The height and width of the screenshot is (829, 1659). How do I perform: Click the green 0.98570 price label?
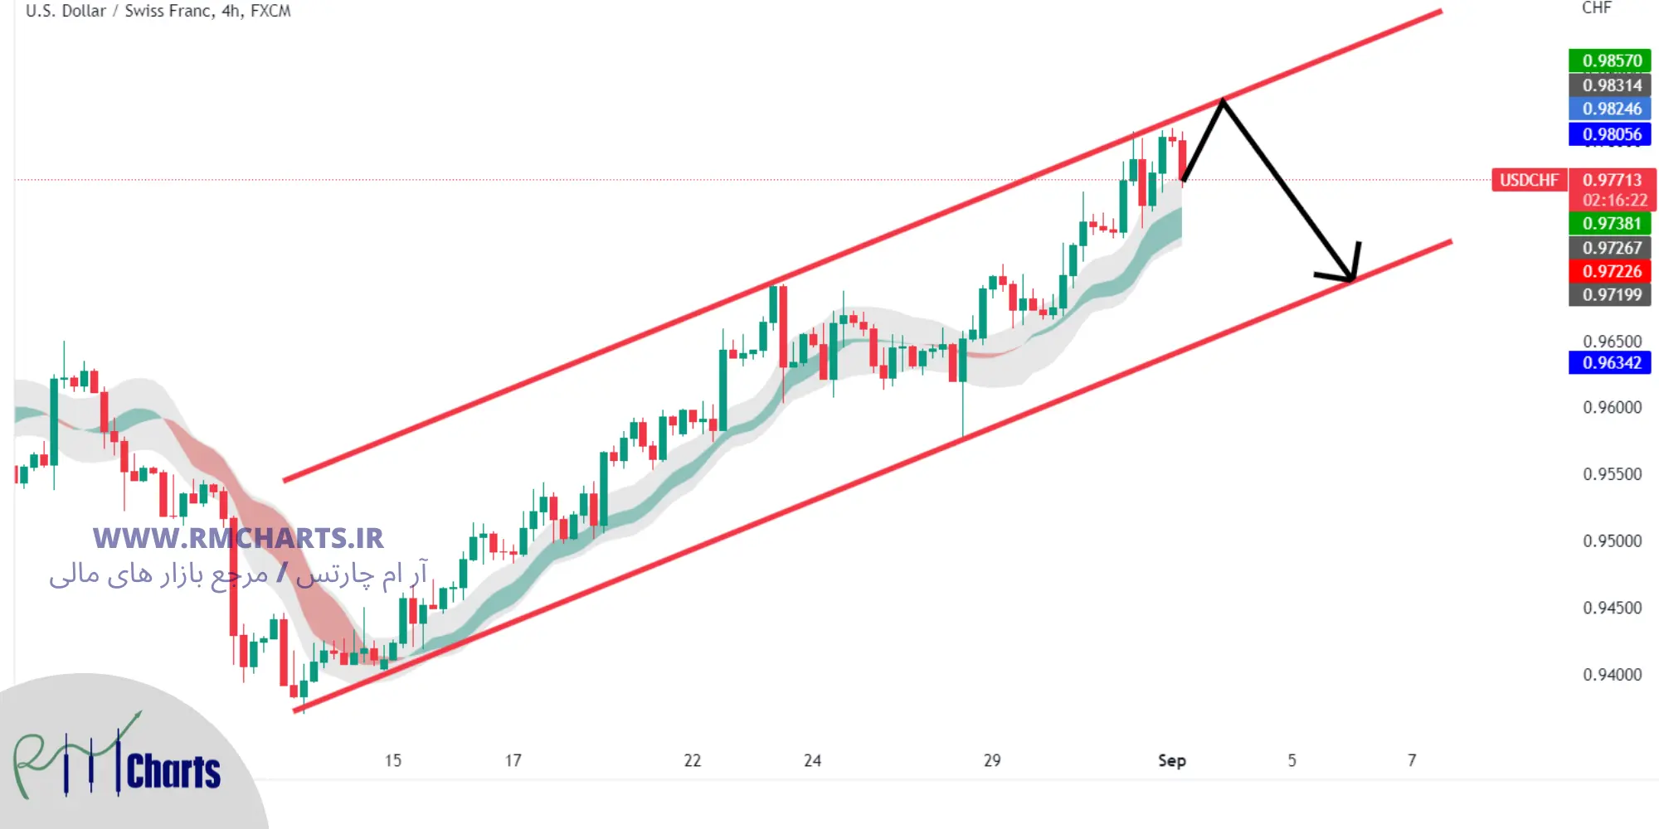[x=1610, y=61]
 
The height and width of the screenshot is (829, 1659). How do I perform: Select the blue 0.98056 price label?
[x=1610, y=134]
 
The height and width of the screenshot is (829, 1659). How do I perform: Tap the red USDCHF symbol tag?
[x=1529, y=180]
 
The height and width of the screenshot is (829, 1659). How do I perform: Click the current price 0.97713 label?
[x=1612, y=180]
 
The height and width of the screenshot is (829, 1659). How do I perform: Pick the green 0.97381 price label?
[x=1610, y=223]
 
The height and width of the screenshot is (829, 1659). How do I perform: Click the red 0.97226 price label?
[x=1610, y=271]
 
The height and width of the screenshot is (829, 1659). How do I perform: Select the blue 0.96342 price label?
[x=1610, y=362]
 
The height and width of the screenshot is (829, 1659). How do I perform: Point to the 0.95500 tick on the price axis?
[x=1612, y=474]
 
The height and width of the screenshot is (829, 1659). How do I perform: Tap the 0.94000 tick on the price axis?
[x=1612, y=675]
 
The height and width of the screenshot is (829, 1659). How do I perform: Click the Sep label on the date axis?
[x=1171, y=760]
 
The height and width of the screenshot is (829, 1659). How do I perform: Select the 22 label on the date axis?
[x=692, y=760]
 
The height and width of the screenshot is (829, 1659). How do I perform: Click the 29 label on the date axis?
[x=992, y=760]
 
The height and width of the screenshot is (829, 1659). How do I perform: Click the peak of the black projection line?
[x=1222, y=101]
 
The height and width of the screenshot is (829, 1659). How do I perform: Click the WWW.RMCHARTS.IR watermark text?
[x=238, y=539]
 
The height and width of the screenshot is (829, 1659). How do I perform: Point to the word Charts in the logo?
[x=173, y=772]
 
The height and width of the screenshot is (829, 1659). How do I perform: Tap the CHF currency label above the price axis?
[x=1596, y=8]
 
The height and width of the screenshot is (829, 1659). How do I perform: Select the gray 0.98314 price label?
[x=1610, y=85]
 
